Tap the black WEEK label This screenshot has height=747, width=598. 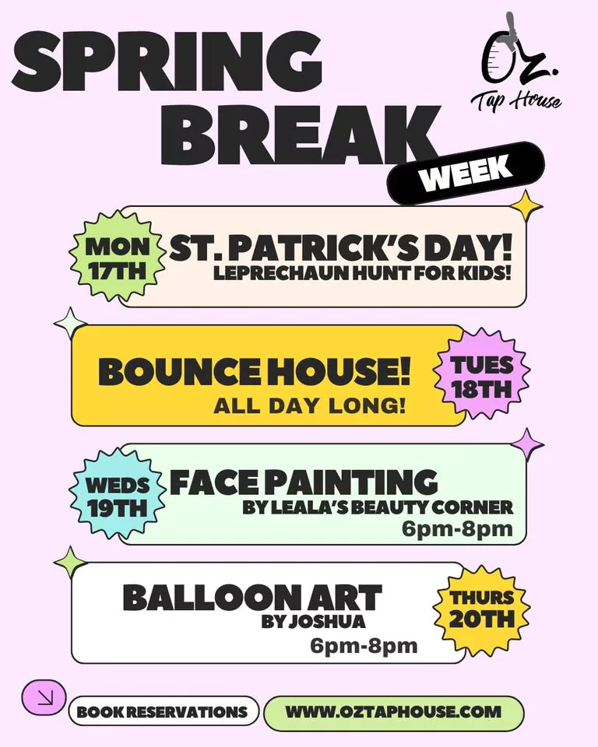coord(466,173)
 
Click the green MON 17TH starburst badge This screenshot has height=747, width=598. coord(118,258)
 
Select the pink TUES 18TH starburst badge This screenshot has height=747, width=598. coord(482,377)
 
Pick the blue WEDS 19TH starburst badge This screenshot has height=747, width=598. coord(118,496)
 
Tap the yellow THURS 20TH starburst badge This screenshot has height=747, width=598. coord(482,608)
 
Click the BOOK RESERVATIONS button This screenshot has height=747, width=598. coord(163,712)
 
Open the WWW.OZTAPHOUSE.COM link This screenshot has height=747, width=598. coord(393,712)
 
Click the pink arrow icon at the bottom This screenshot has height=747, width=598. coord(44,697)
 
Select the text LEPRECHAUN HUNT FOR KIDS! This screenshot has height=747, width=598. coord(362,273)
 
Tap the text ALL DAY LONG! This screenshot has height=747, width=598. coord(310,406)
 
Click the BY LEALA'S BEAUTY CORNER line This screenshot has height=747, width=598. coord(378,507)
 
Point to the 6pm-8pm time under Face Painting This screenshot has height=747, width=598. coord(457,529)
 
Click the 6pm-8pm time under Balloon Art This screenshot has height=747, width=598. coord(364,647)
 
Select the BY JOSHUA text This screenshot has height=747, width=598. coord(313,621)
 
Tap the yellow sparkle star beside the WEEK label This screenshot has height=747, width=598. coord(526,206)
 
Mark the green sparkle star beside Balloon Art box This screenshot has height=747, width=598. coord(71,563)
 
